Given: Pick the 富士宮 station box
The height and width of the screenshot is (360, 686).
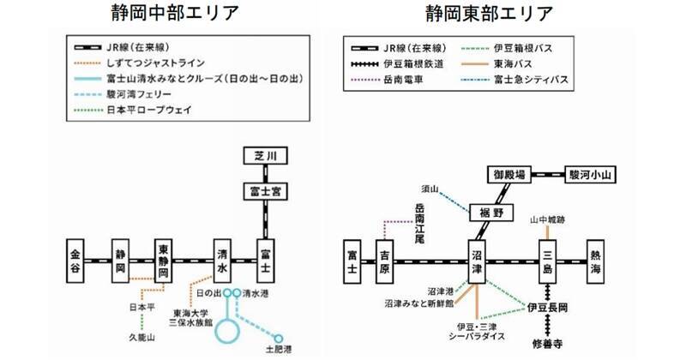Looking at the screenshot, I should tap(264, 191).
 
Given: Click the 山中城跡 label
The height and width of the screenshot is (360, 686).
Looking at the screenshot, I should tap(548, 219).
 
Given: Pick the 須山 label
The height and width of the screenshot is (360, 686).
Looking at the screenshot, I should tap(430, 186).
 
